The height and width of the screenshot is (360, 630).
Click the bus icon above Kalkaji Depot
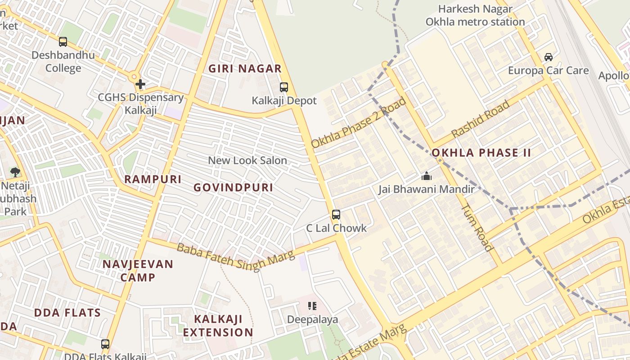[x=283, y=87]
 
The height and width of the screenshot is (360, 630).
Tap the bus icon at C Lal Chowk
[x=336, y=215]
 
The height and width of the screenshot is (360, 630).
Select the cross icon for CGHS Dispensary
[x=140, y=84]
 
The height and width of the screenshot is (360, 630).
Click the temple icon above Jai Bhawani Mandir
[x=426, y=176]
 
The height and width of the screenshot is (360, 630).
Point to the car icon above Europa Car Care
[x=548, y=57]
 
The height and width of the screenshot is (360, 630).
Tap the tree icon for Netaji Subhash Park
[x=15, y=172]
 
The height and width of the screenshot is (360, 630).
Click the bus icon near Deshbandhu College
[x=63, y=42]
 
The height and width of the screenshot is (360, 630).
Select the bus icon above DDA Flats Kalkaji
[x=105, y=344]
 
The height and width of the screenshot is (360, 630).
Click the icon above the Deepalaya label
[x=312, y=306]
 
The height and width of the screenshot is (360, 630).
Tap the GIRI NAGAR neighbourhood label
[x=245, y=69]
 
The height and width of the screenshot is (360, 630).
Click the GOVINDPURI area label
[x=233, y=188]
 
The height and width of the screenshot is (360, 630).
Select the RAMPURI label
[x=153, y=179]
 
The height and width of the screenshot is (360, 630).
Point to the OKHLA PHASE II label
[x=481, y=153]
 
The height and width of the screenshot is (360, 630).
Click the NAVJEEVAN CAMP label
[x=138, y=270]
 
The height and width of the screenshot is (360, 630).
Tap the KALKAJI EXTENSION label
[x=218, y=326]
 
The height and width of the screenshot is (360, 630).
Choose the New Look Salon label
[x=247, y=160]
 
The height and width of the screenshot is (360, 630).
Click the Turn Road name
[x=477, y=227]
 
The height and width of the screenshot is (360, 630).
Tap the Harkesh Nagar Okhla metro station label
[x=475, y=15]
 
